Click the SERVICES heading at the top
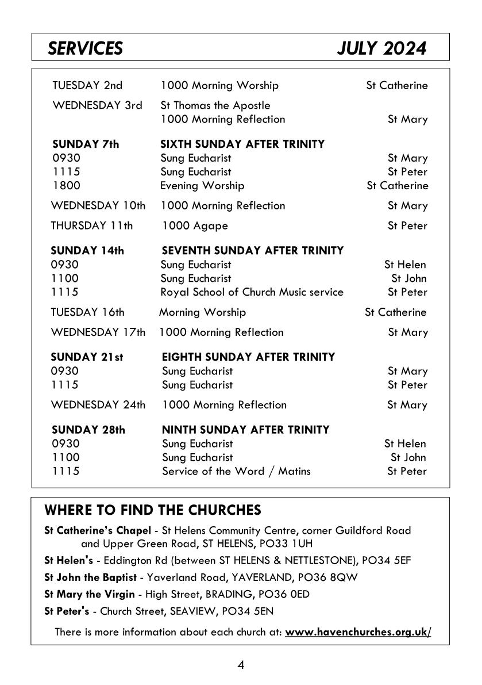pyautogui.click(x=85, y=48)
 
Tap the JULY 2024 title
pyautogui.click(x=381, y=48)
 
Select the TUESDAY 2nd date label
pyautogui.click(x=87, y=86)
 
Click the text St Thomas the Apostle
pyautogui.click(x=215, y=106)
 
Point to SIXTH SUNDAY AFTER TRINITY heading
pyautogui.click(x=242, y=144)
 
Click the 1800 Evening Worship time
pyautogui.click(x=66, y=186)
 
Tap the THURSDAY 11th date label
pyautogui.click(x=91, y=226)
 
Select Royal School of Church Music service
pyautogui.click(x=252, y=292)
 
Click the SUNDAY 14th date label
pyautogui.click(x=87, y=251)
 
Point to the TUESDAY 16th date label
pyautogui.click(x=87, y=312)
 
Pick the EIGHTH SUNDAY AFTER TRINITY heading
pyautogui.click(x=248, y=357)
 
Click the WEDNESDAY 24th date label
pyautogui.click(x=98, y=405)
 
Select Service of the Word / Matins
pyautogui.click(x=236, y=472)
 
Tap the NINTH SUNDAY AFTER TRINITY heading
pyautogui.click(x=246, y=430)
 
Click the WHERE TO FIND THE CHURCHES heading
pyautogui.click(x=153, y=510)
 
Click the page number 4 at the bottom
pyautogui.click(x=241, y=665)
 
